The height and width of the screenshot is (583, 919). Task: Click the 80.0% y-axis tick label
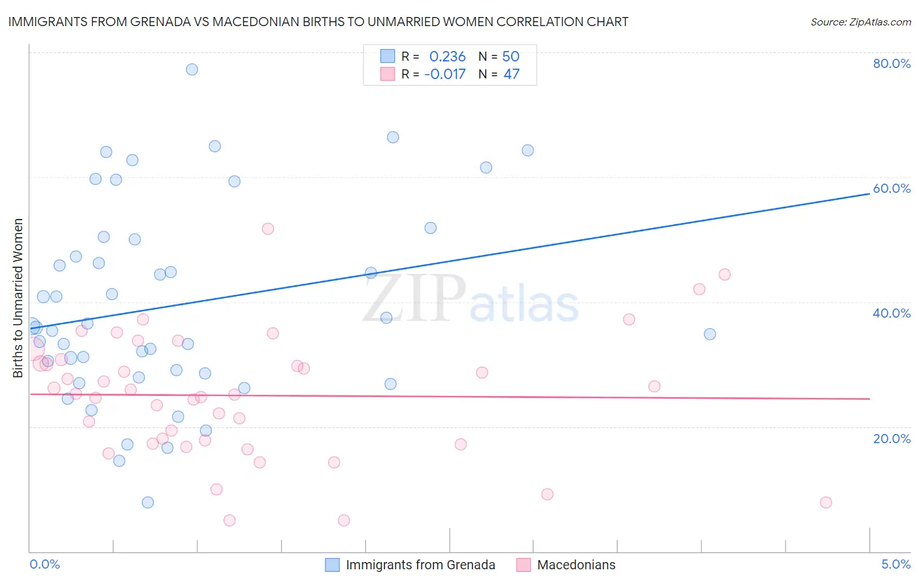[x=892, y=63]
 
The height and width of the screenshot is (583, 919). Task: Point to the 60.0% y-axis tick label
[x=892, y=188]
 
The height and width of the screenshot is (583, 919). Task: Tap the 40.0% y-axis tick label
[x=892, y=313]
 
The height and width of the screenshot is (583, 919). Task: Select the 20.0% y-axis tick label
[x=892, y=439]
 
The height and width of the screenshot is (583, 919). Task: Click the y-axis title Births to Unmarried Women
[x=18, y=298]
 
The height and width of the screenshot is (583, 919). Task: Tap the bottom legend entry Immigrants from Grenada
[x=420, y=565]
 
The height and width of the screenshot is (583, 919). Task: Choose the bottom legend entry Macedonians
[x=576, y=565]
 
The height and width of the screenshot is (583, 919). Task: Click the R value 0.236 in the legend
[x=447, y=57]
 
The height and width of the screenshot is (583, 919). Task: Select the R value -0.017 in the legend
[x=444, y=75]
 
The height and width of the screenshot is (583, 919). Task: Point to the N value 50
[x=510, y=57]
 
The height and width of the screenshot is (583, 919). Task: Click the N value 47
[x=511, y=75]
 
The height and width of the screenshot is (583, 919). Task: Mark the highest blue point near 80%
[x=192, y=69]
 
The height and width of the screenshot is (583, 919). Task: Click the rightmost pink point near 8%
[x=826, y=503]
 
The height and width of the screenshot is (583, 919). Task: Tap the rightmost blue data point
[x=710, y=334]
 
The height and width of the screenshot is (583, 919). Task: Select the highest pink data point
[x=267, y=229]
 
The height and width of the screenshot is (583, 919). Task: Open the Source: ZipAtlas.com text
[x=860, y=22]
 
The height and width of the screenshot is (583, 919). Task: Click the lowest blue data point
[x=148, y=503]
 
